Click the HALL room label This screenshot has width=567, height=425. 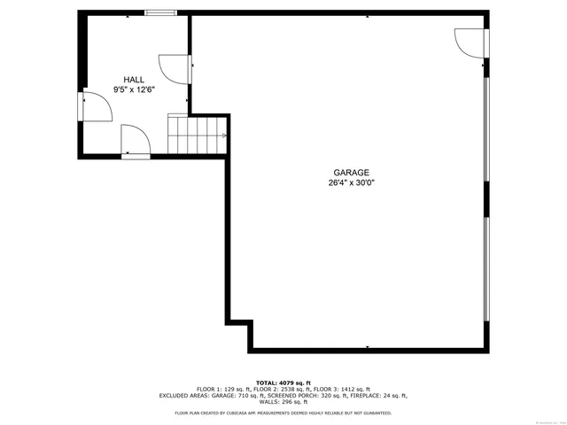click(x=134, y=80)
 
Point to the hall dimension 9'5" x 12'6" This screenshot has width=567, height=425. click(x=134, y=89)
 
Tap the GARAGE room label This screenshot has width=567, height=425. click(x=351, y=173)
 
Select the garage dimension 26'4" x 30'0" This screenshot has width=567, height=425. click(x=351, y=183)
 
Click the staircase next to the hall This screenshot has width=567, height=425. click(x=198, y=135)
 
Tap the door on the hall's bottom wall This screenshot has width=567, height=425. click(x=136, y=142)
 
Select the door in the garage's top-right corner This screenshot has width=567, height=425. click(x=471, y=42)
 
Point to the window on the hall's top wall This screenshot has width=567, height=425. click(x=160, y=13)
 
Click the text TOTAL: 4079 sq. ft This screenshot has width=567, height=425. click(x=283, y=382)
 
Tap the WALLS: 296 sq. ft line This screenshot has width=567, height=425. click(x=283, y=402)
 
